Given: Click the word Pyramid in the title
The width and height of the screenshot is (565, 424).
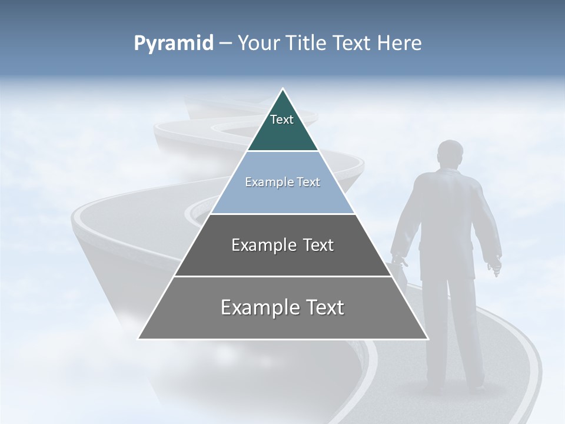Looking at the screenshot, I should click(174, 43).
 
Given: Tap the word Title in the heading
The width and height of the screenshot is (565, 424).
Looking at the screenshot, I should click(307, 43).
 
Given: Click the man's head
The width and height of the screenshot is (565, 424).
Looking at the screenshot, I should click(451, 154).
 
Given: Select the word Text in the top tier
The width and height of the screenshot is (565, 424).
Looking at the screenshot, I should click(282, 120).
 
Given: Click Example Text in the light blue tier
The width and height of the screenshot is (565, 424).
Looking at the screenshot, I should click(282, 182).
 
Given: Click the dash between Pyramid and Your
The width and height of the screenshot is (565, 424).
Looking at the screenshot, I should click(225, 44).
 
